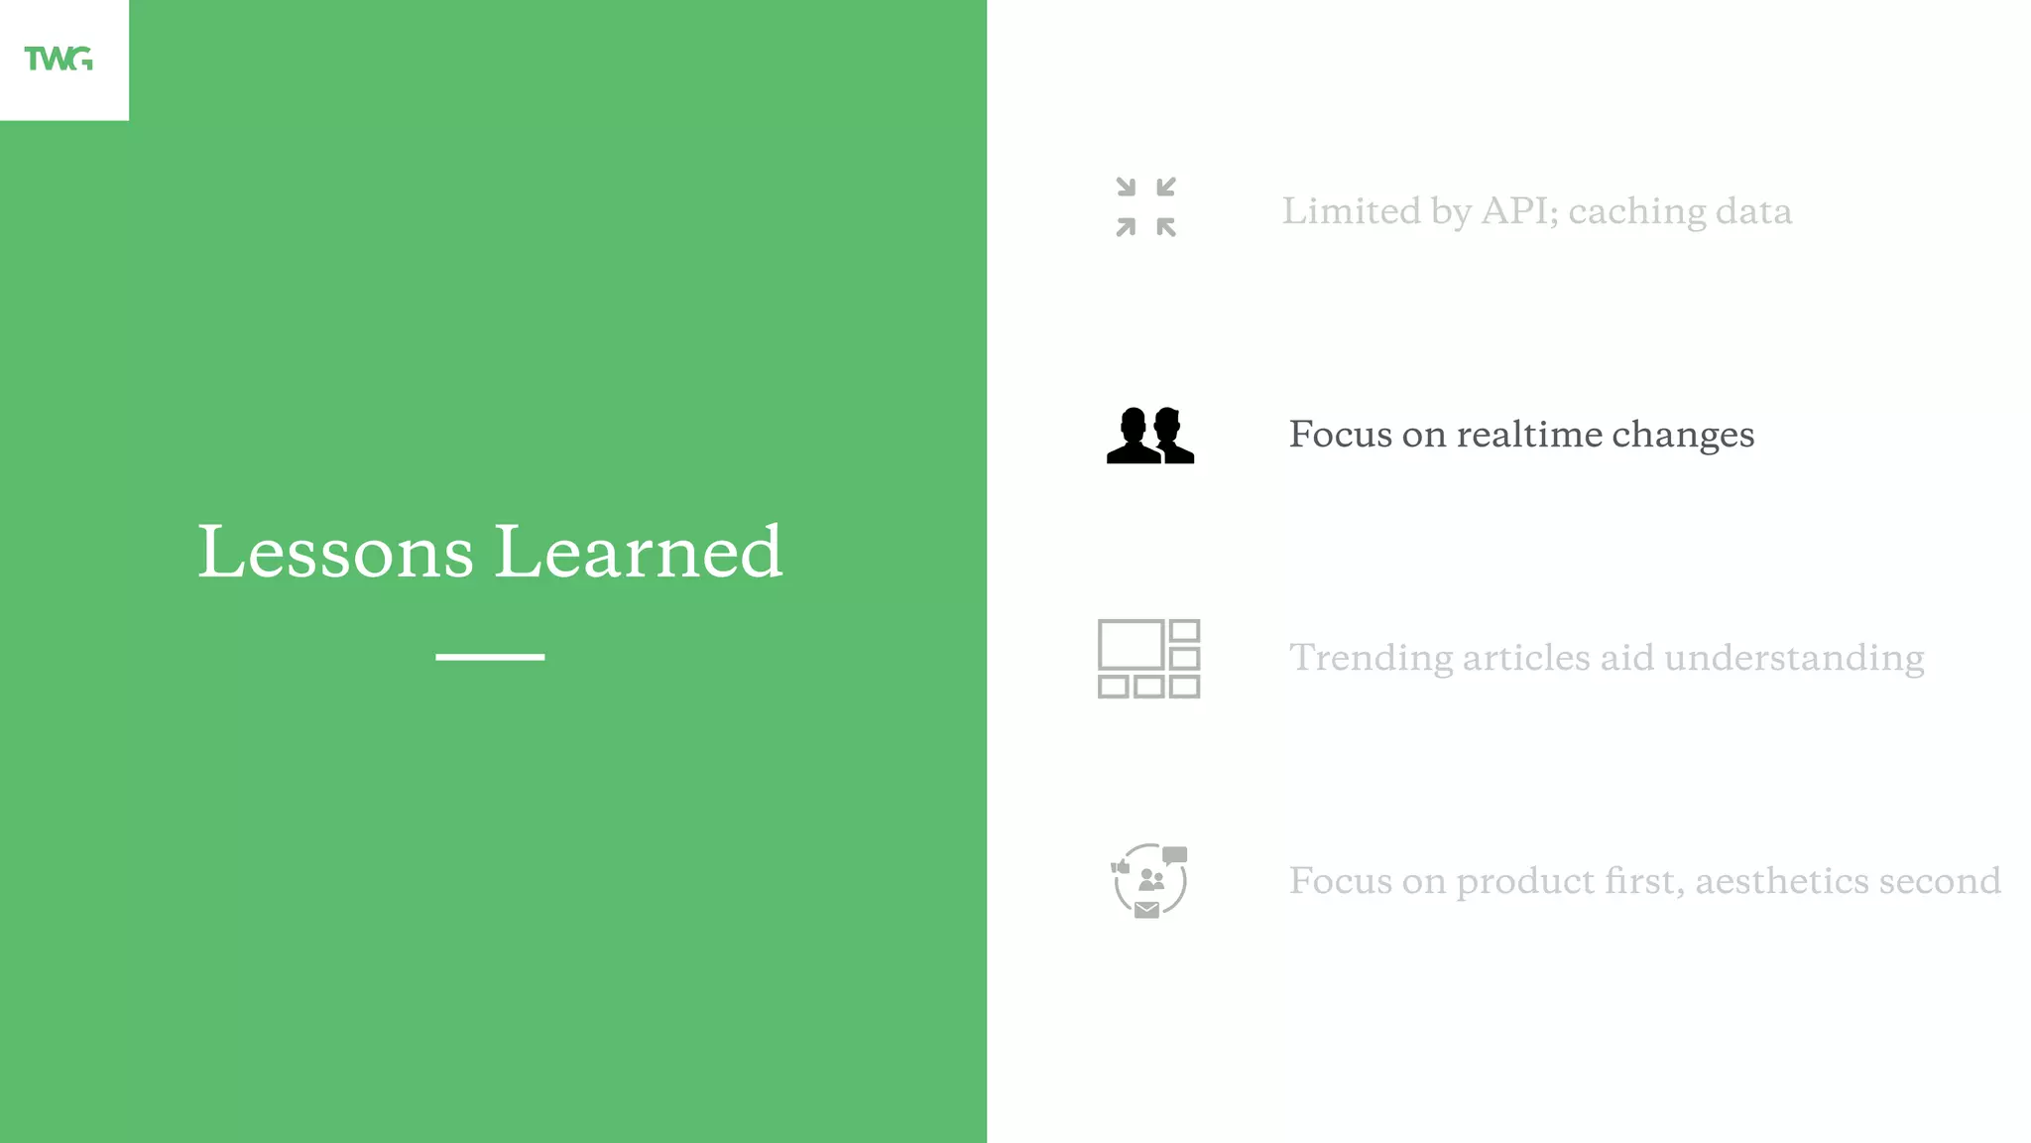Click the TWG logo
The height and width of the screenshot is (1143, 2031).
(x=59, y=59)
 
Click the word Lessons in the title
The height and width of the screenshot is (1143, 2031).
(x=335, y=552)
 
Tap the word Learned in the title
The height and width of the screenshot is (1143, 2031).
(x=639, y=552)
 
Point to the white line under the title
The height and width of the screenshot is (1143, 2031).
(x=490, y=657)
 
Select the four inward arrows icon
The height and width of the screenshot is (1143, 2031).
(x=1145, y=207)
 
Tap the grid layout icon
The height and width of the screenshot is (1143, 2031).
(x=1148, y=659)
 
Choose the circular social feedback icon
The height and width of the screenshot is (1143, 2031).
(x=1149, y=880)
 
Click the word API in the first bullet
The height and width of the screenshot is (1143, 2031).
(x=1518, y=211)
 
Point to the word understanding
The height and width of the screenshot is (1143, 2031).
(x=1794, y=658)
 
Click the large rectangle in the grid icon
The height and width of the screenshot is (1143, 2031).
(x=1131, y=645)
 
